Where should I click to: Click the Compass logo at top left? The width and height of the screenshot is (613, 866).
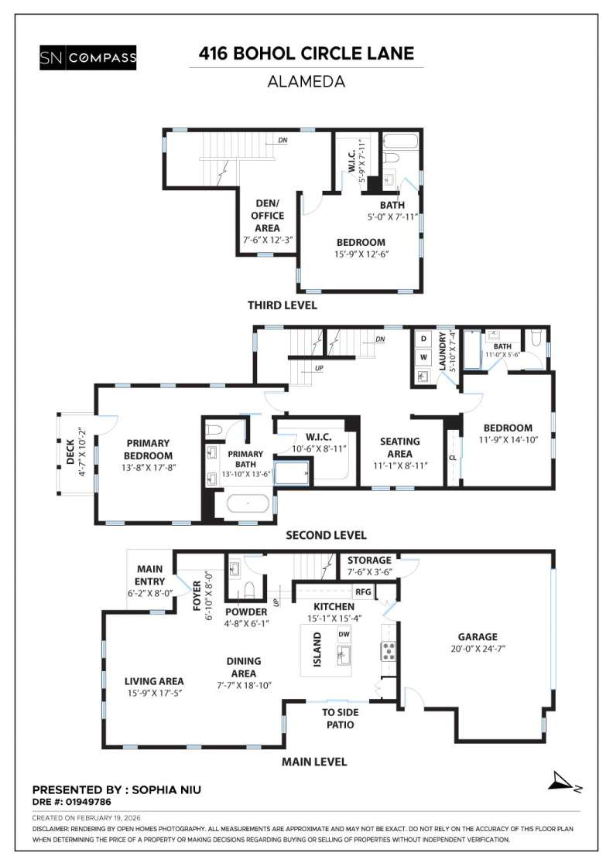click(x=87, y=57)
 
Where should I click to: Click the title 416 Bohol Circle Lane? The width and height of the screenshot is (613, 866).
click(x=306, y=53)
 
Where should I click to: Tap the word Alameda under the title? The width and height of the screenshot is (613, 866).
click(x=306, y=80)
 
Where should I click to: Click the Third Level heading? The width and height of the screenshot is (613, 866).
click(x=282, y=305)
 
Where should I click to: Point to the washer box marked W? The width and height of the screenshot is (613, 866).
click(x=423, y=357)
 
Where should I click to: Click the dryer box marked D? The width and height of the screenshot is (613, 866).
click(x=423, y=339)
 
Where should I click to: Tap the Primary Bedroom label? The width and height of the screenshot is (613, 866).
click(x=148, y=449)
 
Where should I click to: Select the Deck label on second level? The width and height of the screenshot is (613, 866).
click(x=70, y=450)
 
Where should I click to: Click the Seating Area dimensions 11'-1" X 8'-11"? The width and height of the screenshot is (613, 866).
click(x=399, y=465)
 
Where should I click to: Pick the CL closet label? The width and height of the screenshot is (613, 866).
click(x=452, y=457)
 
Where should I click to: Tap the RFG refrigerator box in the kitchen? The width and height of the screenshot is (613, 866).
click(x=363, y=592)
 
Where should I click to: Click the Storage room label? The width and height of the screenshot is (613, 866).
click(x=369, y=560)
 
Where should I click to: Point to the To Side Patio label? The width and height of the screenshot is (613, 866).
click(x=338, y=719)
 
